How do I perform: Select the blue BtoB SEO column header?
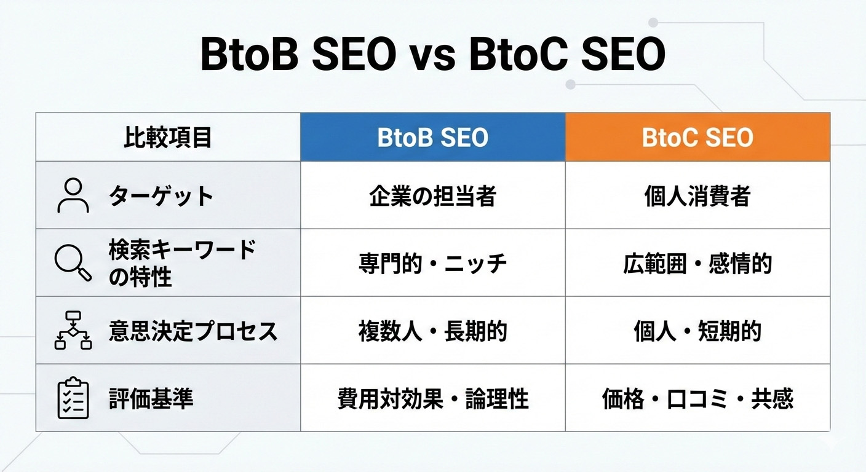432,138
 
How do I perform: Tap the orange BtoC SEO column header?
697,138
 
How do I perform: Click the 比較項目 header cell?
168,138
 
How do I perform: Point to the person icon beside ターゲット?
73,195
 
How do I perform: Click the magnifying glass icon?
73,263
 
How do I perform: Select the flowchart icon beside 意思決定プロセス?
73,331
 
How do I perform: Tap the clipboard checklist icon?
73,398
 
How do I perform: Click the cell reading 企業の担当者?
432,195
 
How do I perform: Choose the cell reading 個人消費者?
697,195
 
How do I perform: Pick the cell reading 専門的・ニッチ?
432,263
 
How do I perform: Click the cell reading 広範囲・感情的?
697,263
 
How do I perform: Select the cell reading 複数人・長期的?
432,331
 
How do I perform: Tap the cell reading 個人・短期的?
697,331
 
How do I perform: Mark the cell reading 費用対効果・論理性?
432,398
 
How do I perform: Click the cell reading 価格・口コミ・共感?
697,398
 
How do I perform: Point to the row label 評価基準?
151,398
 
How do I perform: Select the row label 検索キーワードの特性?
181,263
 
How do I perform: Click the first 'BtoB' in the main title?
249,55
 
